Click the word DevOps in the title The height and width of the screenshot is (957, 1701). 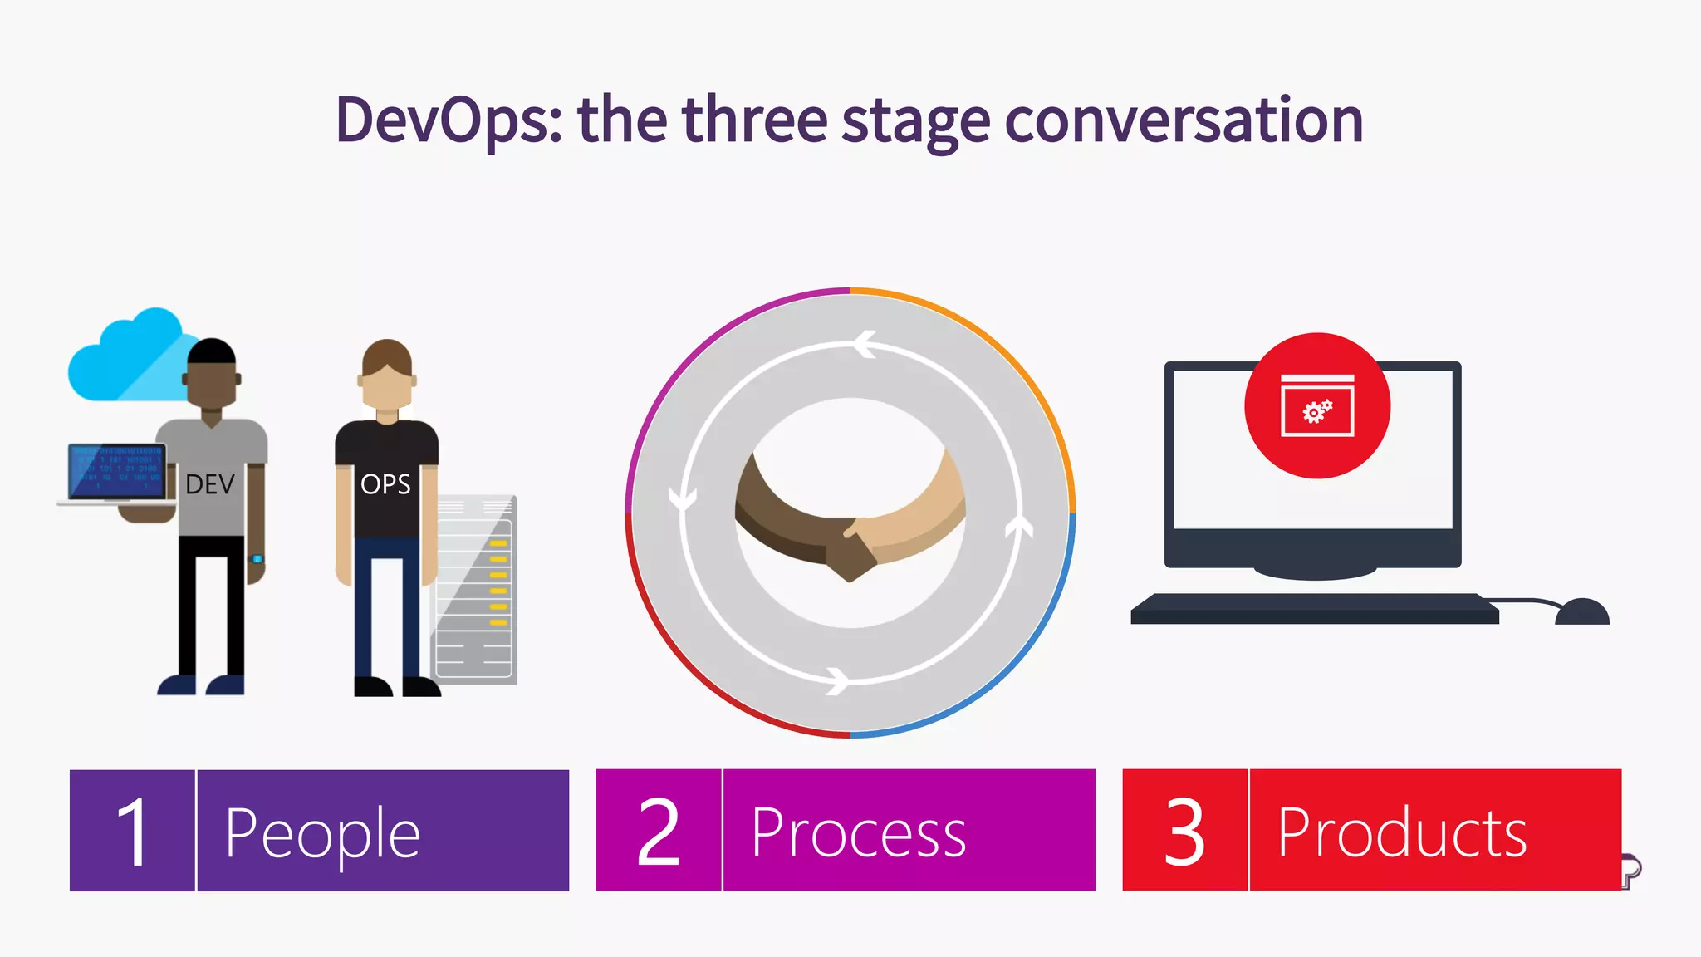click(x=449, y=120)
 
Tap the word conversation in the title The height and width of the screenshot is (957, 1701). click(x=1184, y=120)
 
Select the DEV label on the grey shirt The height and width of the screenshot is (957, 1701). click(x=210, y=484)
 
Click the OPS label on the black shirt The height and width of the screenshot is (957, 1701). click(x=385, y=484)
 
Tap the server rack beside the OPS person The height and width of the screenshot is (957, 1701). click(x=475, y=590)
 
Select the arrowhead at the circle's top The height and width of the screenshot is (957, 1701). click(x=865, y=344)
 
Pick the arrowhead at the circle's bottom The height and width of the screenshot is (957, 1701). click(x=837, y=681)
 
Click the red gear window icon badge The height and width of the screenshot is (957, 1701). click(x=1317, y=405)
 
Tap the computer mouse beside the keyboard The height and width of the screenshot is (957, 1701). click(x=1581, y=612)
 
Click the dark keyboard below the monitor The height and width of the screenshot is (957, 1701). click(x=1312, y=609)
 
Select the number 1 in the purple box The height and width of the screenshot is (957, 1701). click(x=133, y=831)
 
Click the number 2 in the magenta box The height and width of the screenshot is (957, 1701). click(x=659, y=831)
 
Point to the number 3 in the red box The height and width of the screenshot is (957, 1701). click(x=1184, y=831)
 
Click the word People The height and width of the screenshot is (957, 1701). click(x=322, y=833)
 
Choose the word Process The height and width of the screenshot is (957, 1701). click(x=859, y=833)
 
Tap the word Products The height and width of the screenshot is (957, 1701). click(x=1402, y=833)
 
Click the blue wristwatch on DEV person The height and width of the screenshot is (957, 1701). click(x=257, y=559)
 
